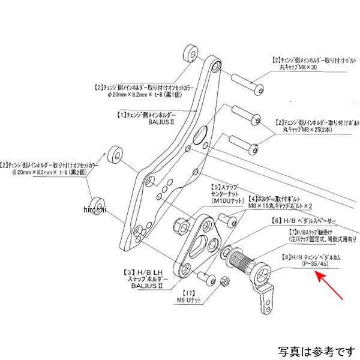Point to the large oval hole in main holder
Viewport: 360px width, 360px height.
(200, 137)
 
